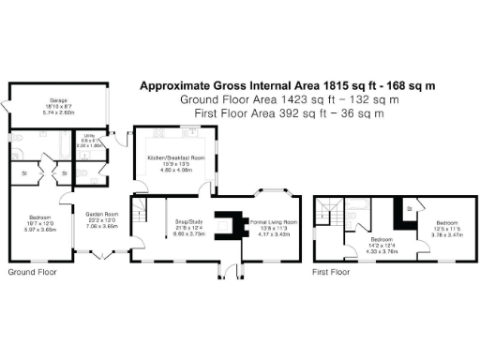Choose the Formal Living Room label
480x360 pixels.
(271, 225)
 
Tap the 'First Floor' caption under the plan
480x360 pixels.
(332, 273)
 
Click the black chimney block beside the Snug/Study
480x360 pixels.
(226, 222)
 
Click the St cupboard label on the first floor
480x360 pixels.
(410, 208)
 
